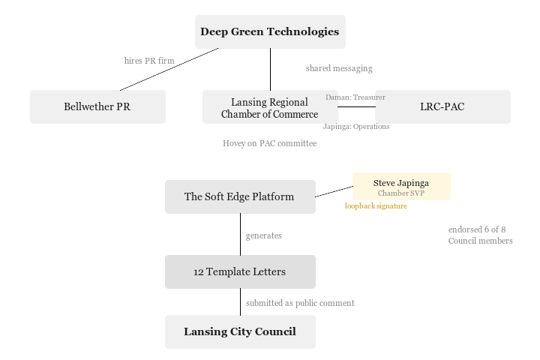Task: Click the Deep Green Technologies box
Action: coord(270,31)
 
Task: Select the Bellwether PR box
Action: coord(97,106)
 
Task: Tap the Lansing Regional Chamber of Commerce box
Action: coord(270,107)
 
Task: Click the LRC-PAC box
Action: coord(442,106)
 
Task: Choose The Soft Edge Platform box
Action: coord(240,196)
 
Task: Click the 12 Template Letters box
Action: coord(240,271)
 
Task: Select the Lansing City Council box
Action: coord(240,331)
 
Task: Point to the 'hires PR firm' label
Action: coord(149,61)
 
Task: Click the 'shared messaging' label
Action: coord(339,68)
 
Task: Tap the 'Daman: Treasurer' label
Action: coord(355,97)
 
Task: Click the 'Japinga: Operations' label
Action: coord(356,126)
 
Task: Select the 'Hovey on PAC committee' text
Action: coord(270,143)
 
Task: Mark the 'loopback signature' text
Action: coord(376,205)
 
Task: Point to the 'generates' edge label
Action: coord(264,235)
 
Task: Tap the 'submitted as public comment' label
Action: coord(300,303)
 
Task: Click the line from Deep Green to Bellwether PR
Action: coord(169,69)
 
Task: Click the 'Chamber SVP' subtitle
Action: coord(401,193)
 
